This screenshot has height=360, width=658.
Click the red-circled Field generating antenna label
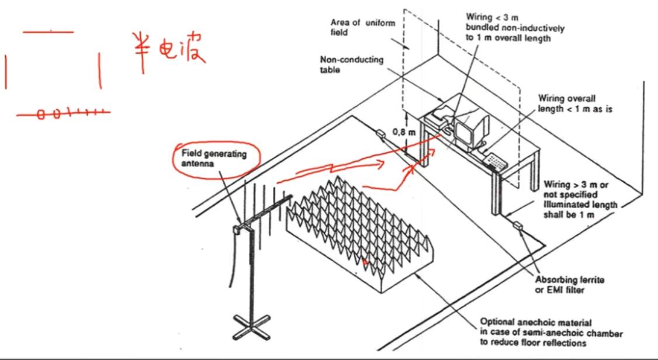(x=214, y=158)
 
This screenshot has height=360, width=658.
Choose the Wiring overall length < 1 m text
(x=575, y=104)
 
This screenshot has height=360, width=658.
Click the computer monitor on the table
(x=470, y=128)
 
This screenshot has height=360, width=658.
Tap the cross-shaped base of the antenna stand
(x=250, y=324)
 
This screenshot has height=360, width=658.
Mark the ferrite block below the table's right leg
(x=518, y=226)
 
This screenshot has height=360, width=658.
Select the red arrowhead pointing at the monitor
(x=433, y=151)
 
